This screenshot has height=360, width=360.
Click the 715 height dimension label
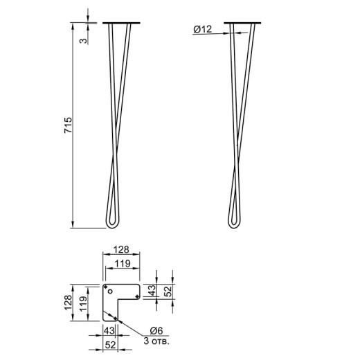[69, 125]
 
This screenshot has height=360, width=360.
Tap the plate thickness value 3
[84, 41]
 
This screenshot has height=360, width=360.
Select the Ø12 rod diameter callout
[202, 29]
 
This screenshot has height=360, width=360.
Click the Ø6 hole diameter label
[156, 331]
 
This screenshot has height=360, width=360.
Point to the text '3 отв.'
[156, 341]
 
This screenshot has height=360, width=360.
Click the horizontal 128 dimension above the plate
[121, 249]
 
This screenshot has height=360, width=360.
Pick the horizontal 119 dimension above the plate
[123, 263]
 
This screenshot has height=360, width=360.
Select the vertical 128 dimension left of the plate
[69, 303]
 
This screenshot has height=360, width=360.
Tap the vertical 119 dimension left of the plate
[84, 304]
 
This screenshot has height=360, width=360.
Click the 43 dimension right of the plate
[152, 291]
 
